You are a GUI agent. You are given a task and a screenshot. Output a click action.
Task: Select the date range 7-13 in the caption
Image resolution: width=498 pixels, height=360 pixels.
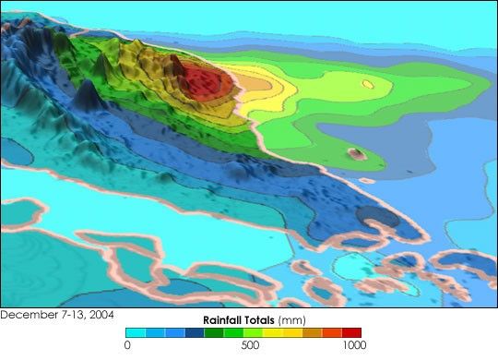(x=69, y=315)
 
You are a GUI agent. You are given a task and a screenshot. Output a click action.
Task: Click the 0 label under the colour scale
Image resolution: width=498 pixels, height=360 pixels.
(x=126, y=345)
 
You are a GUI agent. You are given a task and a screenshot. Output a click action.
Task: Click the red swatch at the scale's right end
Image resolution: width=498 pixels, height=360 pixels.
(x=351, y=332)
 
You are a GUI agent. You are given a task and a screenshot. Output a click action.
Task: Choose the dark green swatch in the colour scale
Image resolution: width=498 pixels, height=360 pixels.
(x=214, y=332)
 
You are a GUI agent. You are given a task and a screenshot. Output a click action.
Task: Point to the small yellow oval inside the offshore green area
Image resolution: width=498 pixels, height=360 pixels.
(x=367, y=84)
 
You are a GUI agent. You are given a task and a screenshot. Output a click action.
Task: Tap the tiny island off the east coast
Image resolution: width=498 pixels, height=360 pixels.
(x=353, y=152)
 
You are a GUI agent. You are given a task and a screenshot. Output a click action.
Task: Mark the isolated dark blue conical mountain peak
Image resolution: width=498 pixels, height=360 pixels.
(x=87, y=93)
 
